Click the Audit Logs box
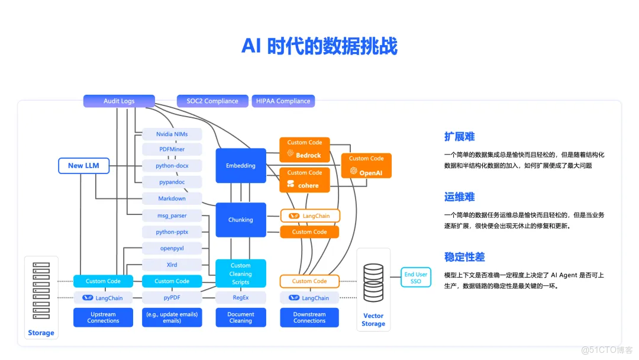coord(119,101)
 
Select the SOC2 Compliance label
coord(212,101)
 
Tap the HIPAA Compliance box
coord(283,101)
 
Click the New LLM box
coord(84,166)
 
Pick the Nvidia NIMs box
coord(172,134)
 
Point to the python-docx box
coord(172,166)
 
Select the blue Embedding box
coord(241,166)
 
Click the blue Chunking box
coord(241,220)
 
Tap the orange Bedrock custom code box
coord(305,149)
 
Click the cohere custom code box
coord(305,179)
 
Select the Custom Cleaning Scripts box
coord(241,274)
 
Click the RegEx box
coord(241,298)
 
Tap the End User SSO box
coord(416,278)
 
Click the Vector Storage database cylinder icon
coord(373,281)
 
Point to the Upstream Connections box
coord(103,317)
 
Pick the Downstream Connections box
coord(309,317)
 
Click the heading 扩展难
coord(460,137)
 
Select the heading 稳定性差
coord(464,257)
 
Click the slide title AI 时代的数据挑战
coord(319,46)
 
